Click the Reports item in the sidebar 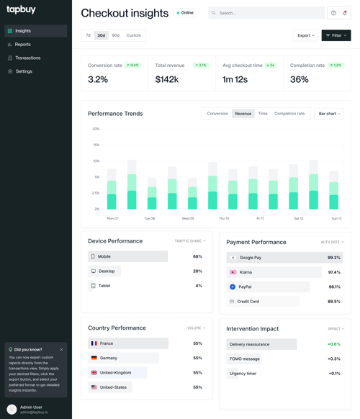22,45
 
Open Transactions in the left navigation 27,58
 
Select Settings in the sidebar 24,71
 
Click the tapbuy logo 21,10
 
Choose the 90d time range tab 116,35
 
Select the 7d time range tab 89,35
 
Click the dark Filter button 336,35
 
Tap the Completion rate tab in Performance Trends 289,114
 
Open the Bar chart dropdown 328,114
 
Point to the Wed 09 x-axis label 187,218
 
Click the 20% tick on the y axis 96,129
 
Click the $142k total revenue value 166,79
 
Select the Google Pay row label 250,257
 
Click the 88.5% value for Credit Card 333,302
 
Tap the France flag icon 94,343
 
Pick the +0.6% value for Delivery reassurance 333,344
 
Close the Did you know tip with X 61,350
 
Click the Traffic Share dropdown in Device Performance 189,241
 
